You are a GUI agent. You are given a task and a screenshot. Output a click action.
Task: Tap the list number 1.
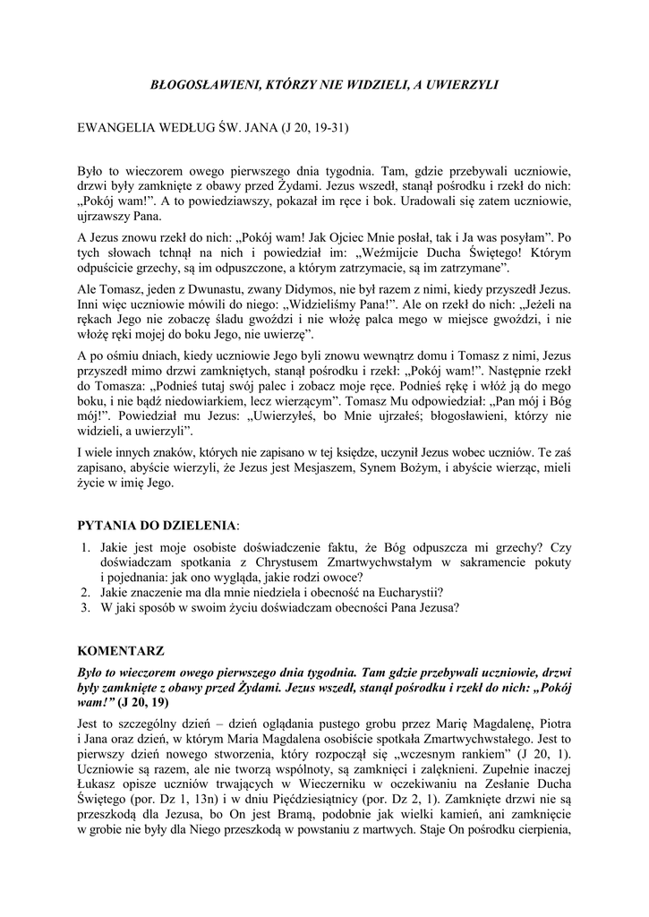pos(85,547)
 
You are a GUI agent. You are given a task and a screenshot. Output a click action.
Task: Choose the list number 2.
pos(85,592)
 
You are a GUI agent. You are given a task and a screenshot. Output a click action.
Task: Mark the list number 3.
pos(85,607)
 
